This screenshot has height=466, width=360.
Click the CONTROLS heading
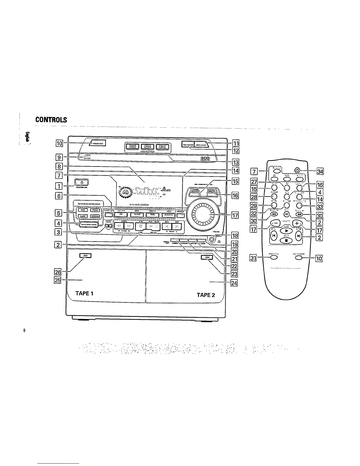pos(51,120)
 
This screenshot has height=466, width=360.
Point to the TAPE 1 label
pos(84,293)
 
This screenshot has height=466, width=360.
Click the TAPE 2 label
pos(206,295)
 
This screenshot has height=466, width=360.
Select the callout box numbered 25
pos(58,280)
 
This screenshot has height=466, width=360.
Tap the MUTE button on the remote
pos(274,206)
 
